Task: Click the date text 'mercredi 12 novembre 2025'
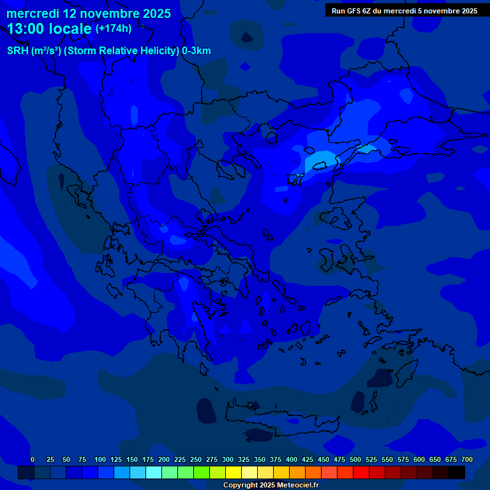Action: [89, 13]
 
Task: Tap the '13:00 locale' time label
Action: [50, 29]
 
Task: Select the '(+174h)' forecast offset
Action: [114, 29]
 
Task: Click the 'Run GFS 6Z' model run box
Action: [404, 11]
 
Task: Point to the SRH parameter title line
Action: [108, 51]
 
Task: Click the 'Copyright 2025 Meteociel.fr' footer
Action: [271, 485]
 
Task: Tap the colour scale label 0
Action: [33, 459]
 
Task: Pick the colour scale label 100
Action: [100, 459]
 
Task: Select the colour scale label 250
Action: [196, 459]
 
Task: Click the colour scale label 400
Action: [292, 459]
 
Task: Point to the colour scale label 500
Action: [355, 459]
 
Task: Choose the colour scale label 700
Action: [467, 459]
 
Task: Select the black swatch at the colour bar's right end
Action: [457, 473]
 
